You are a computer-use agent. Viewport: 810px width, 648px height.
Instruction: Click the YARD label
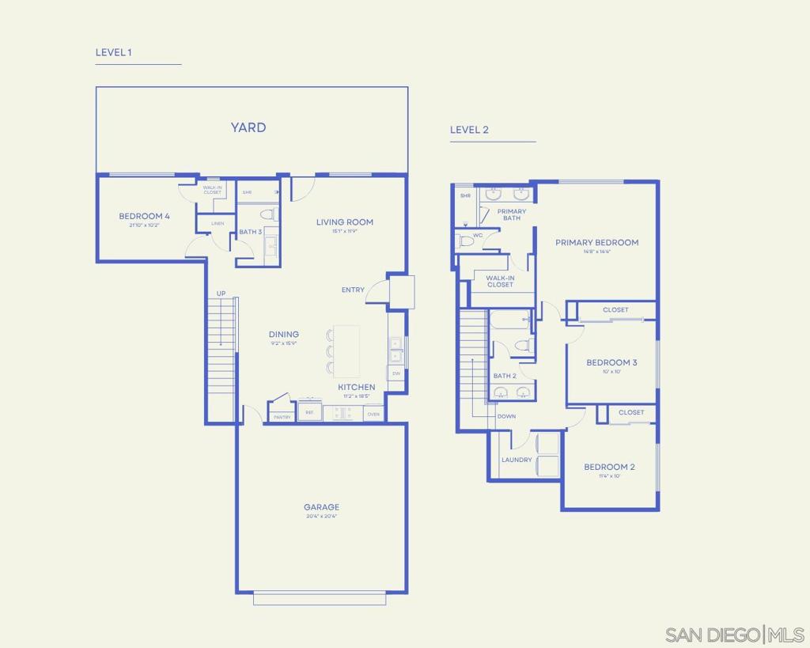click(x=248, y=127)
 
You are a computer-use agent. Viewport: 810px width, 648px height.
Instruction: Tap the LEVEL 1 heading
click(x=113, y=52)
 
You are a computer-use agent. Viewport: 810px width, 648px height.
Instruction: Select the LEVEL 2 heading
click(x=469, y=130)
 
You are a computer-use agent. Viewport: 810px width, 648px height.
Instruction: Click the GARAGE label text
click(x=321, y=507)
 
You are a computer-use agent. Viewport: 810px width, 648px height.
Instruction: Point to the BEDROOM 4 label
click(x=144, y=216)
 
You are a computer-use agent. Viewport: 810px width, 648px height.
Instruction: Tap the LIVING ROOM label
click(x=344, y=222)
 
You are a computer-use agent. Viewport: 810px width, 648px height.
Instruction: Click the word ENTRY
click(x=353, y=290)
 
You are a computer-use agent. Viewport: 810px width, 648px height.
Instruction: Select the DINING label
click(x=283, y=335)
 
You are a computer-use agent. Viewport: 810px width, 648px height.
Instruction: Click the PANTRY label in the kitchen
click(x=282, y=416)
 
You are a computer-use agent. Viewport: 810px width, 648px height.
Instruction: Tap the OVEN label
click(x=373, y=414)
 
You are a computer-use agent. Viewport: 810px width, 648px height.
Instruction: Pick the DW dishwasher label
click(x=396, y=373)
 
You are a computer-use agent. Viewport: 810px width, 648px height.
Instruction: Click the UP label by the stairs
click(x=221, y=294)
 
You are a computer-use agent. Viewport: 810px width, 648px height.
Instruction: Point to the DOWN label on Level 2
click(x=506, y=416)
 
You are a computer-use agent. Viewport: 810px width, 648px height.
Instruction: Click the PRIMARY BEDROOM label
click(x=596, y=243)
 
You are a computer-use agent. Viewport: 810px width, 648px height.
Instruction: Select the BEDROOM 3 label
click(x=611, y=362)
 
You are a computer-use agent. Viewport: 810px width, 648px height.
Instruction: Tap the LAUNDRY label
click(x=517, y=460)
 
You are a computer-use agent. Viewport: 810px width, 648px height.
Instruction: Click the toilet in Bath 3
click(x=267, y=214)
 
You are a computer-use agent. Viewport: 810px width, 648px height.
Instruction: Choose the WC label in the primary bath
click(x=477, y=235)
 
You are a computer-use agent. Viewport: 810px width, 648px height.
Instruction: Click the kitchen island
click(x=346, y=351)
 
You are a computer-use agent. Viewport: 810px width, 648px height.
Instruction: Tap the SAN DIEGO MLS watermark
click(x=734, y=635)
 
